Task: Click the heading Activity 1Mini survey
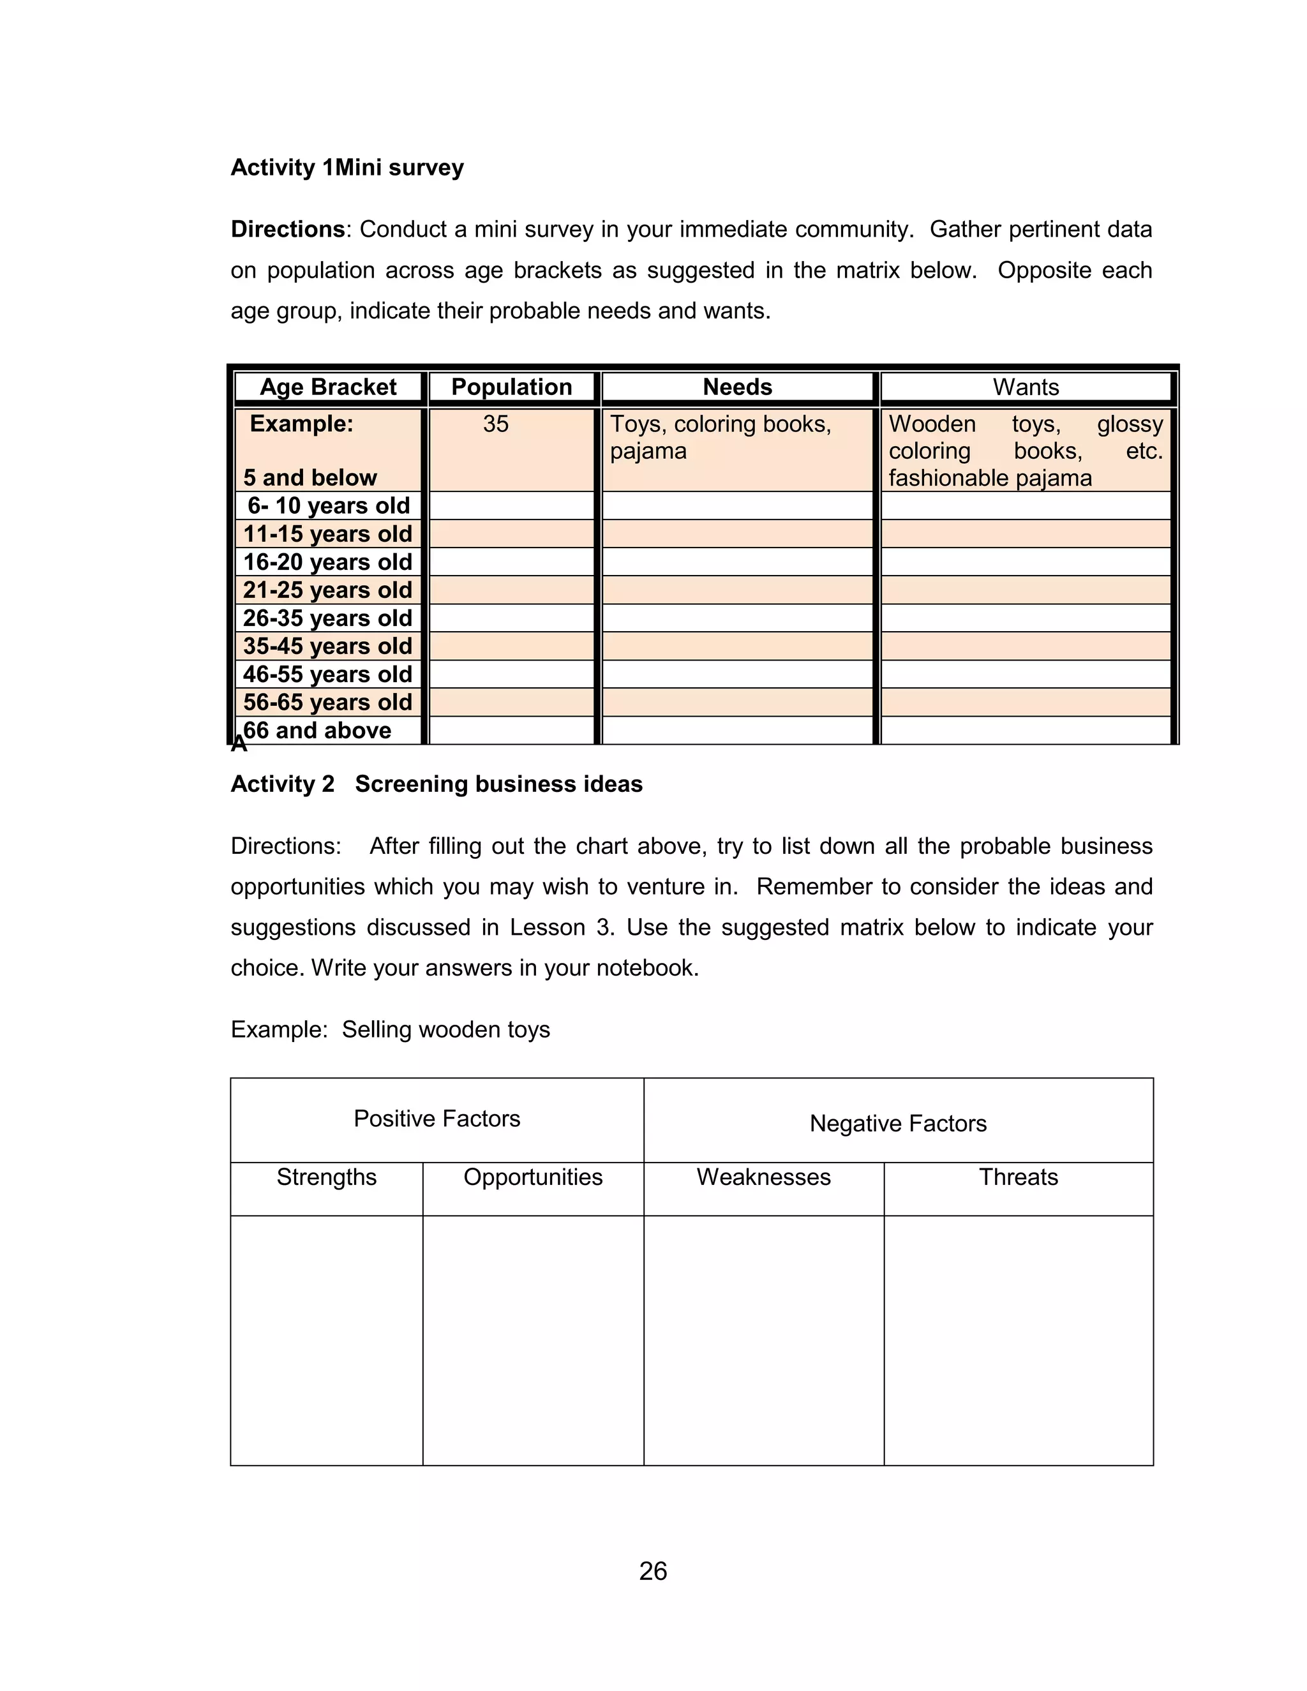click(347, 167)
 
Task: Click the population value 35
click(495, 424)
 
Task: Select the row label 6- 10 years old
click(328, 505)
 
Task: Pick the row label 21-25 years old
click(327, 590)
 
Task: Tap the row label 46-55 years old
click(327, 674)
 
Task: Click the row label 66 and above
click(317, 730)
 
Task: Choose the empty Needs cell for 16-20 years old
click(737, 562)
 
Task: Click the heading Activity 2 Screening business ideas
click(437, 784)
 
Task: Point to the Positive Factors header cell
click(437, 1118)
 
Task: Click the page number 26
click(653, 1571)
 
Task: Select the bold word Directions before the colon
click(287, 229)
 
